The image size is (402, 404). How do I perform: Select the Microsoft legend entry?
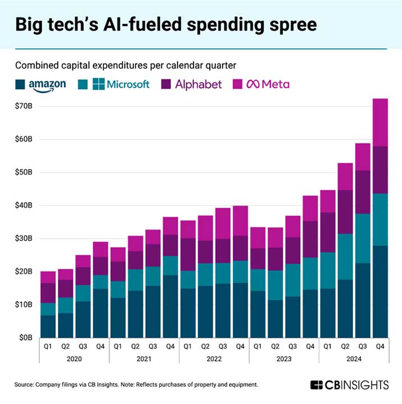point(121,84)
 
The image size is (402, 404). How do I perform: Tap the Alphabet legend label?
point(191,84)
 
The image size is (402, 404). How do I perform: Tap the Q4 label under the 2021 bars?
point(170,346)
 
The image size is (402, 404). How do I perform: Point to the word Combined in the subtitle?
point(38,66)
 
